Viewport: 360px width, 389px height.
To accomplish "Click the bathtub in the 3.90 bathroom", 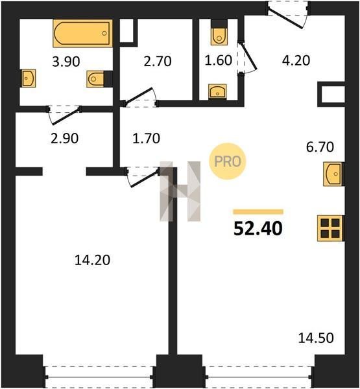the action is [82, 33].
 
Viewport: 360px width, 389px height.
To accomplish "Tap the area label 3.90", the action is [66, 62].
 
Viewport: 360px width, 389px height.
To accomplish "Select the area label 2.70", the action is [158, 62].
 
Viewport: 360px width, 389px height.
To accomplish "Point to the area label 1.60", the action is [219, 60].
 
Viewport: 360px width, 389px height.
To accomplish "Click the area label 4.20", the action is [296, 60].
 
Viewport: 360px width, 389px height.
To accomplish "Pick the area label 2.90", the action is [65, 139].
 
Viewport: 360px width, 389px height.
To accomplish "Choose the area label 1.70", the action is [146, 139].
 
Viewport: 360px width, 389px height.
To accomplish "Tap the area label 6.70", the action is [320, 147].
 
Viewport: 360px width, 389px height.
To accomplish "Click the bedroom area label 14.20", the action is [92, 261].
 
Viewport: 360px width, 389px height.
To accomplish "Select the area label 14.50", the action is [316, 338].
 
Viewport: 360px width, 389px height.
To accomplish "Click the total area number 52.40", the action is [258, 228].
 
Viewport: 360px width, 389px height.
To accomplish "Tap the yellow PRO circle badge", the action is [228, 161].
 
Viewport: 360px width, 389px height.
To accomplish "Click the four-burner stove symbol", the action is [330, 228].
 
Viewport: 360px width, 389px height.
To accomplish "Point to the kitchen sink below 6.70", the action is [333, 174].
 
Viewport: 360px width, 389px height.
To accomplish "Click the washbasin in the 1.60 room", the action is [217, 91].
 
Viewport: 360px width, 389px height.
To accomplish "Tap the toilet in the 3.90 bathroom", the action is [95, 79].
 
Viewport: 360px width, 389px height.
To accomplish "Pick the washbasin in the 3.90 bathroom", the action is [29, 78].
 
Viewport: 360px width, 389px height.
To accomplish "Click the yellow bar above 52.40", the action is [258, 211].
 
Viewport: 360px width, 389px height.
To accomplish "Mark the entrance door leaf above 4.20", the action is [286, 19].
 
